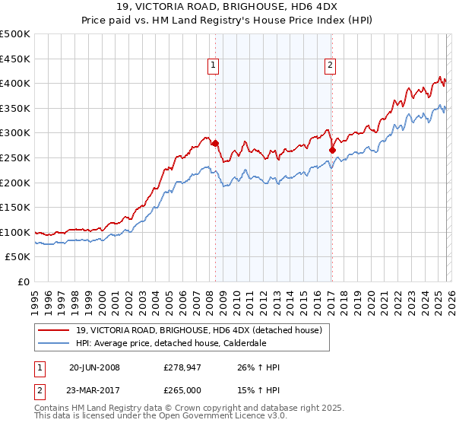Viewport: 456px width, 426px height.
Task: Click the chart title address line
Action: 228,8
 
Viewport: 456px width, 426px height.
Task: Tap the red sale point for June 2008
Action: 215,143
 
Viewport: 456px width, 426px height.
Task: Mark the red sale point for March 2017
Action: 332,150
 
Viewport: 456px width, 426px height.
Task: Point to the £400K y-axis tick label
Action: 15,83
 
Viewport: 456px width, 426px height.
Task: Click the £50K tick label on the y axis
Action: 18,256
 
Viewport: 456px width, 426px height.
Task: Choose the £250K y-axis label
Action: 15,157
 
